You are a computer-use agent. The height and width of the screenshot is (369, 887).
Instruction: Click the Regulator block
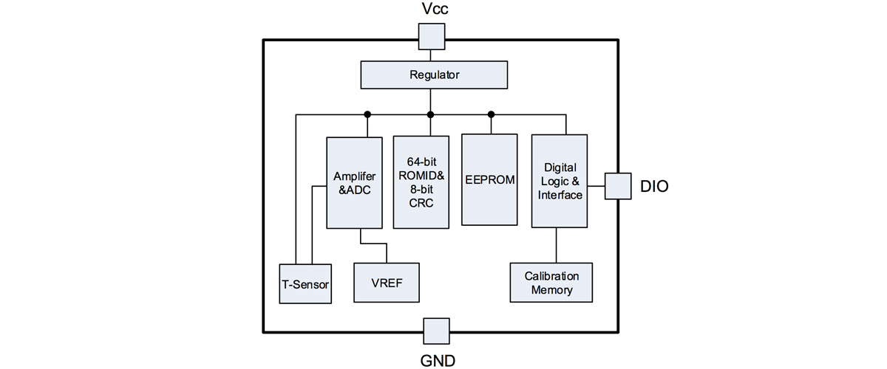434,75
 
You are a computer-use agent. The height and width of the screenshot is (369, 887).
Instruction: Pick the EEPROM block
489,179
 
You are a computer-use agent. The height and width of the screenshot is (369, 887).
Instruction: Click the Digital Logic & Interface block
560,181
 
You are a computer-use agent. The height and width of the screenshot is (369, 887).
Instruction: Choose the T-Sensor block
305,283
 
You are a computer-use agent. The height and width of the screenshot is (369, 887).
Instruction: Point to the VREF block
386,283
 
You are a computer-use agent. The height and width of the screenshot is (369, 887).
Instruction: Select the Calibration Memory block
551,283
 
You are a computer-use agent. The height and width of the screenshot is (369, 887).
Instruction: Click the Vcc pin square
432,36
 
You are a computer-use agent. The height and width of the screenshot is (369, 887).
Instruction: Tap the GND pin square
436,331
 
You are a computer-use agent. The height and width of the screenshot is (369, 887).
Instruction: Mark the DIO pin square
618,186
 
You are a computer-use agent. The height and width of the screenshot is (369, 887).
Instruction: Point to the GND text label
436,360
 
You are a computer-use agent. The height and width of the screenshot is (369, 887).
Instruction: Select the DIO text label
654,187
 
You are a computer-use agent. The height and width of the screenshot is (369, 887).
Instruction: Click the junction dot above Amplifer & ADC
367,114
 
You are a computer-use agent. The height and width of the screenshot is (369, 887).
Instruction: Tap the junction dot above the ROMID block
431,114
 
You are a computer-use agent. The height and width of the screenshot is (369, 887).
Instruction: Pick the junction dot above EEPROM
491,114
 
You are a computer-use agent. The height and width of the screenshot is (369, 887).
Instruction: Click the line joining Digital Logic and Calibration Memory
557,245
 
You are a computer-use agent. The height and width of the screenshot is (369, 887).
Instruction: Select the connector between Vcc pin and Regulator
432,55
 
